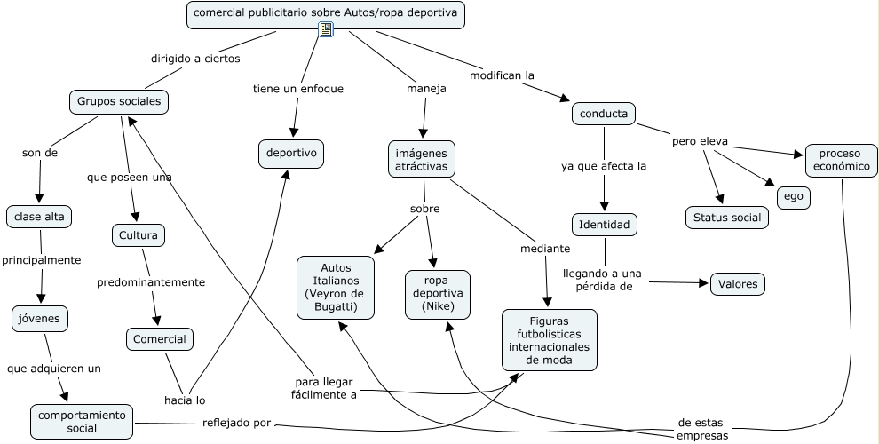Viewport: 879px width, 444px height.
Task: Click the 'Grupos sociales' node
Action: (119, 102)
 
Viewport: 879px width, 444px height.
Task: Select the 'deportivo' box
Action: (291, 154)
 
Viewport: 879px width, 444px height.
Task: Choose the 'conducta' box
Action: (604, 114)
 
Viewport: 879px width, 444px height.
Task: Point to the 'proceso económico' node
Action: (839, 160)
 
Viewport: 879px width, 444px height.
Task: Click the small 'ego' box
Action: (793, 197)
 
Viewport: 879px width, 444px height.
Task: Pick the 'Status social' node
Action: (727, 218)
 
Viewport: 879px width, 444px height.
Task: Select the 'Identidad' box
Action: (604, 225)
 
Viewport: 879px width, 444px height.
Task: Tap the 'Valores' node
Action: (738, 284)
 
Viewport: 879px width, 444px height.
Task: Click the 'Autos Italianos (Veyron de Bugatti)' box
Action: (336, 287)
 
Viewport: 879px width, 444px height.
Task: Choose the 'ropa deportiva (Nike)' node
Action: (438, 294)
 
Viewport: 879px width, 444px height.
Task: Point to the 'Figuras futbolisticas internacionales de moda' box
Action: (550, 340)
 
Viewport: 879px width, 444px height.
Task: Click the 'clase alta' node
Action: (40, 216)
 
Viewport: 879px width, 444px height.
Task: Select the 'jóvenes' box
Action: (40, 317)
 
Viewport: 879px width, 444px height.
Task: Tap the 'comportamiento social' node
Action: (82, 422)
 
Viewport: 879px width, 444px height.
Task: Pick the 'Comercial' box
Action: (160, 339)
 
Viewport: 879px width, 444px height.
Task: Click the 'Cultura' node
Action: (139, 235)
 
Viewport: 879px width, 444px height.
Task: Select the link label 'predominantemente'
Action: (151, 282)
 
